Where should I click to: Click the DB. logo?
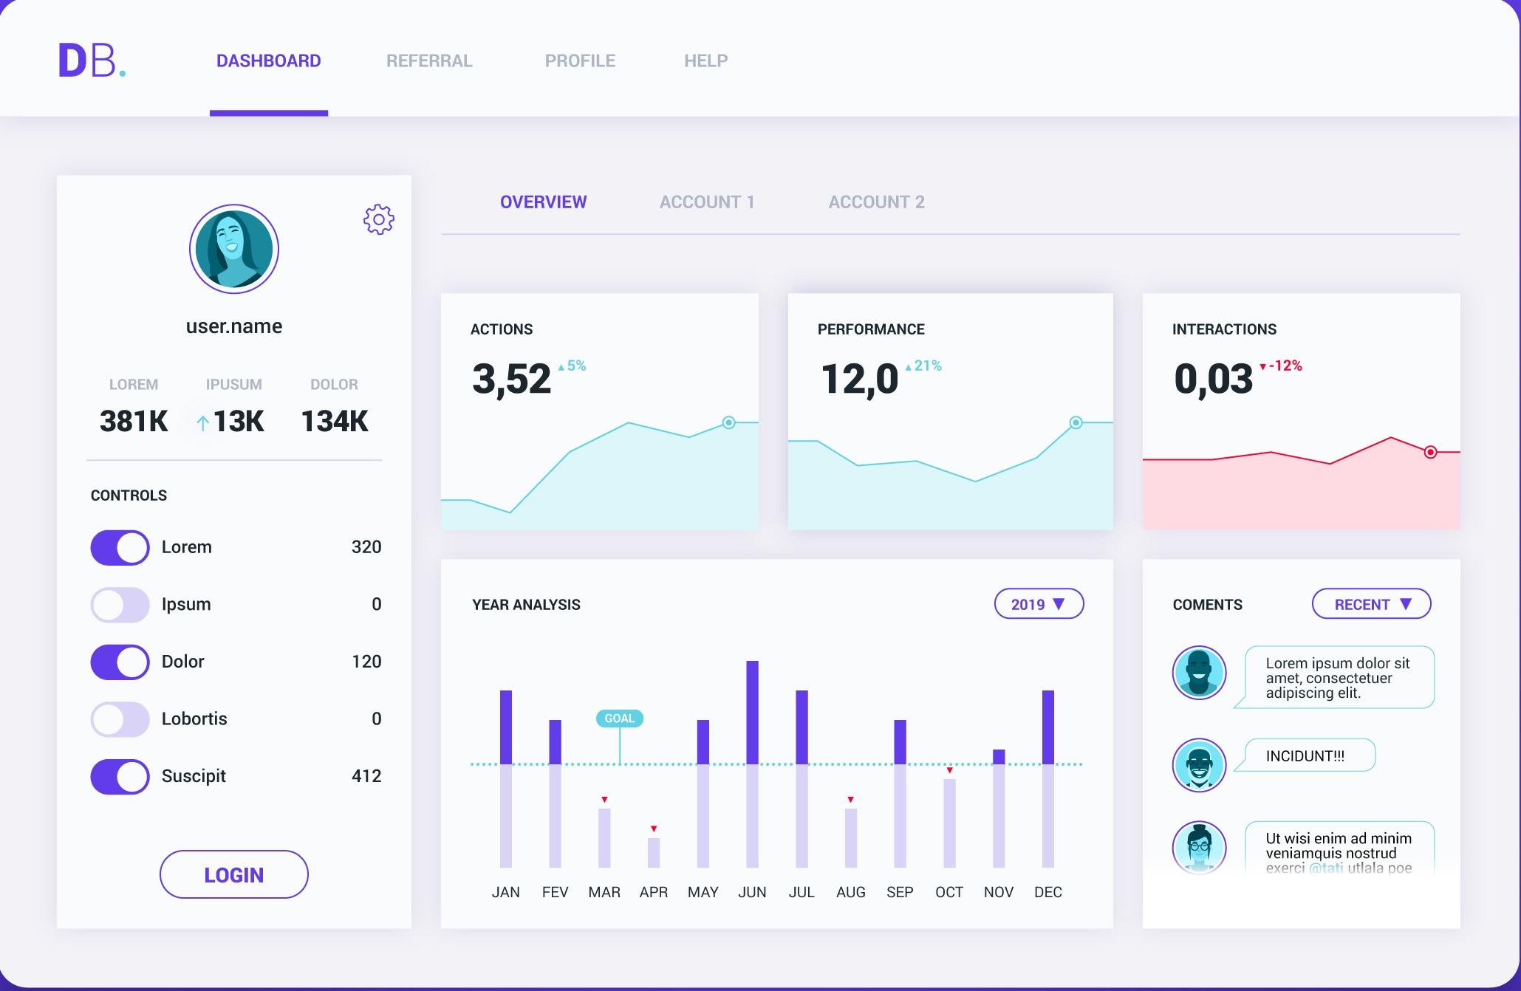point(92,61)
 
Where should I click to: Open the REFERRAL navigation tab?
point(429,61)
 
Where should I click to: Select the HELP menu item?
point(705,61)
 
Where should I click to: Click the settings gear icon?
point(379,219)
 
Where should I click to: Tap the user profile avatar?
point(234,249)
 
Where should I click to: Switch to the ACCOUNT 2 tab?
point(876,202)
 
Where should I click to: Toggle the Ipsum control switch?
point(120,605)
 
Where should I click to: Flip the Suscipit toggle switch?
point(120,777)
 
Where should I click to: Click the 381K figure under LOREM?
point(134,421)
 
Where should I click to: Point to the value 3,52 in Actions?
point(511,379)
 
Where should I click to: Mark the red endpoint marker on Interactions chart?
point(1430,452)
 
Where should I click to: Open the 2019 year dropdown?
point(1039,604)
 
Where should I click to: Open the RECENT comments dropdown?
point(1371,604)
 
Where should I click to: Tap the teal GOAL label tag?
point(619,719)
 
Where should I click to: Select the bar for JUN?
point(752,764)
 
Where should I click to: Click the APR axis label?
point(654,892)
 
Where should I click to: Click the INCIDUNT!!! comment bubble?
point(1306,755)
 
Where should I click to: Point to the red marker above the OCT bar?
point(949,770)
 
